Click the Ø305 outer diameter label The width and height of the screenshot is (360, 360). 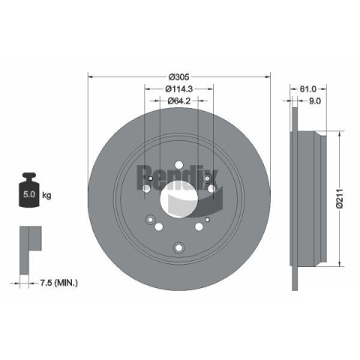pyautogui.click(x=178, y=77)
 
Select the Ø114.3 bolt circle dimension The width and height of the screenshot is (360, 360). pyautogui.click(x=178, y=88)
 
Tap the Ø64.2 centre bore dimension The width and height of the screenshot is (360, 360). pyautogui.click(x=179, y=100)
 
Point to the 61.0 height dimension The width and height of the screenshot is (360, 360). pyautogui.click(x=308, y=88)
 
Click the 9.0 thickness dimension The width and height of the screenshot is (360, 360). pyautogui.click(x=315, y=101)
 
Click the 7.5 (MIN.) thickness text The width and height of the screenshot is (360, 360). pyautogui.click(x=58, y=283)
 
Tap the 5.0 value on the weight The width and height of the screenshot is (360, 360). pyautogui.click(x=29, y=194)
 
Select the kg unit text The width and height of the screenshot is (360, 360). pyautogui.click(x=46, y=195)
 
